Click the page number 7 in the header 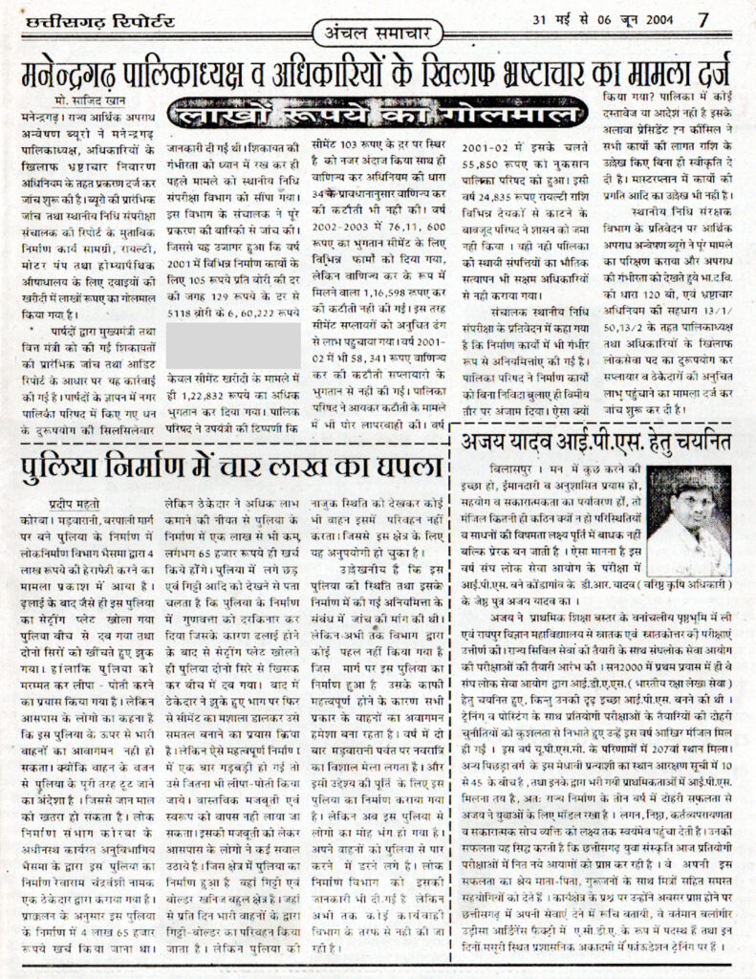(703, 18)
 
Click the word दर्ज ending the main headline (709, 72)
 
